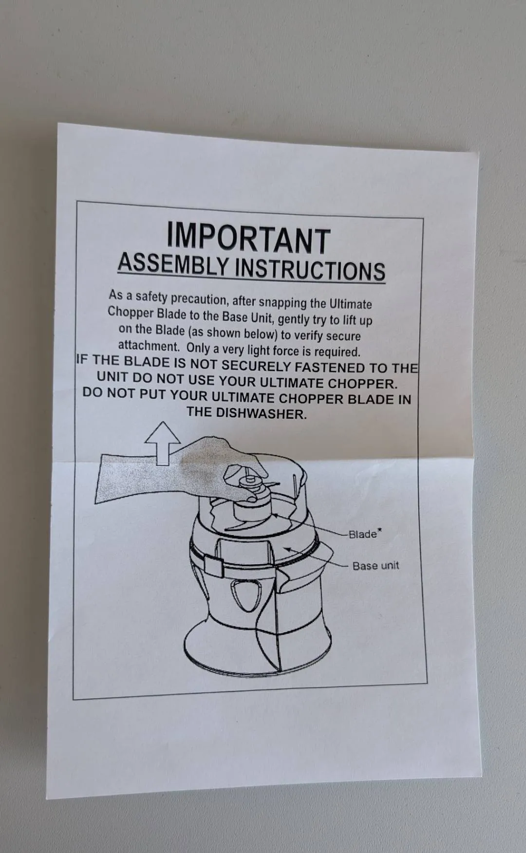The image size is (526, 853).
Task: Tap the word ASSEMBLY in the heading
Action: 173,264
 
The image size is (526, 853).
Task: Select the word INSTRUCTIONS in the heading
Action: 310,270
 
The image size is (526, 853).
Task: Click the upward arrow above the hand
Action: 163,443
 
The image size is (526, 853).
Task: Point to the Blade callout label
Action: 363,534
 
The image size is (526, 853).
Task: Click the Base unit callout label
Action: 376,566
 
